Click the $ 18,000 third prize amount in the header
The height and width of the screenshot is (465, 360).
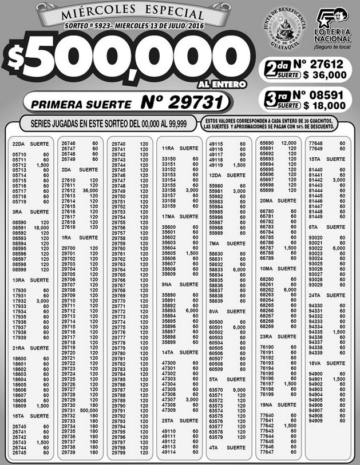point(325,105)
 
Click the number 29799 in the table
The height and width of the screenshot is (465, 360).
point(118,452)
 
